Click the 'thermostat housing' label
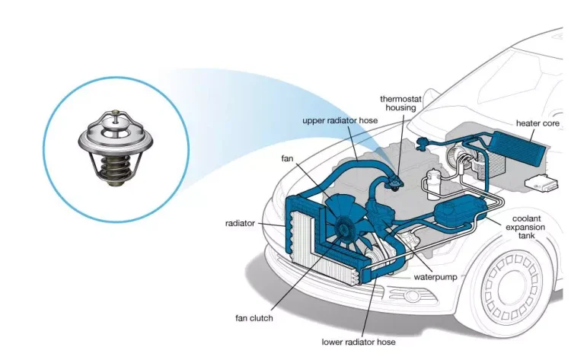(398, 103)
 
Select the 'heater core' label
(538, 123)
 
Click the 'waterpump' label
(435, 277)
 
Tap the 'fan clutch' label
(254, 317)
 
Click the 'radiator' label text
(241, 224)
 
